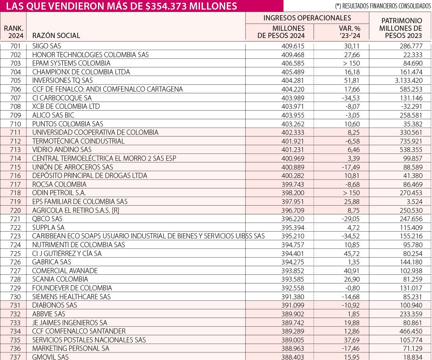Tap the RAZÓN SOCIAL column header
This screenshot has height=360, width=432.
click(x=56, y=35)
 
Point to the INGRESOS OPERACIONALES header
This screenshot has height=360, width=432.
click(x=307, y=18)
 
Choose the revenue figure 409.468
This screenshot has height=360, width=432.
click(x=293, y=54)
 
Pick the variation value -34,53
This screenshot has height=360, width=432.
click(x=350, y=98)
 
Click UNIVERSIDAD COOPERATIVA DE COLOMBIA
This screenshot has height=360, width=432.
click(x=95, y=132)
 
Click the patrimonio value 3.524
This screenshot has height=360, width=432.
click(x=414, y=202)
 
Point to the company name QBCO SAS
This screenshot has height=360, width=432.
click(x=47, y=219)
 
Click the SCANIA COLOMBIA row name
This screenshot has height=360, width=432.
click(x=60, y=279)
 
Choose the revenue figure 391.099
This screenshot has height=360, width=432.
click(x=293, y=305)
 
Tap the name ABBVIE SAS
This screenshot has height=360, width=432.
click(x=48, y=314)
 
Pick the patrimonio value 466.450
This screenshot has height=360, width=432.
click(x=411, y=331)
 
